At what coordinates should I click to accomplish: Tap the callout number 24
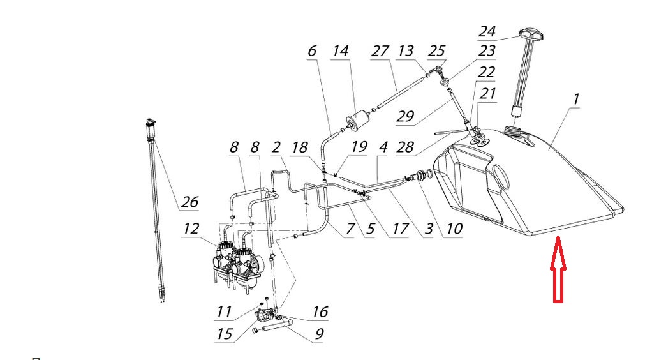pos(488,30)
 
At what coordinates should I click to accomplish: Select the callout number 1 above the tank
pos(576,100)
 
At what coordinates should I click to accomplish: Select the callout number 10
pos(453,227)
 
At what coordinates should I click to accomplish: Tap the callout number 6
pos(312,52)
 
